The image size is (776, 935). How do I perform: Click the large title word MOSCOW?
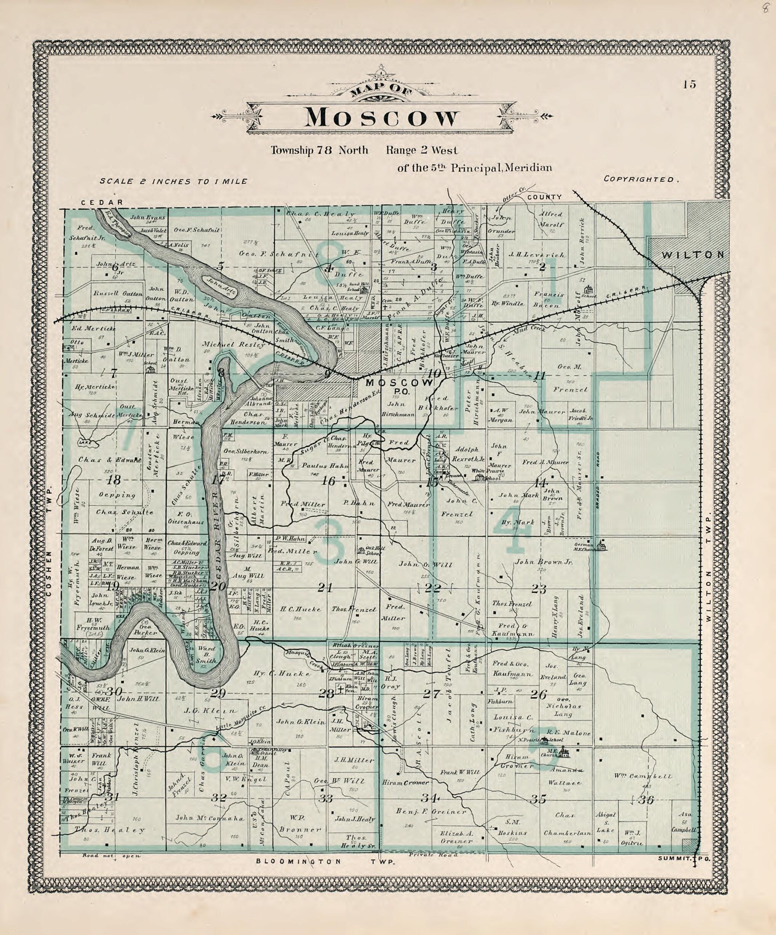[382, 118]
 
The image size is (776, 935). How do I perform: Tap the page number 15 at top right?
[689, 84]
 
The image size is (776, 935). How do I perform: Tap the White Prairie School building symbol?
[480, 477]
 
